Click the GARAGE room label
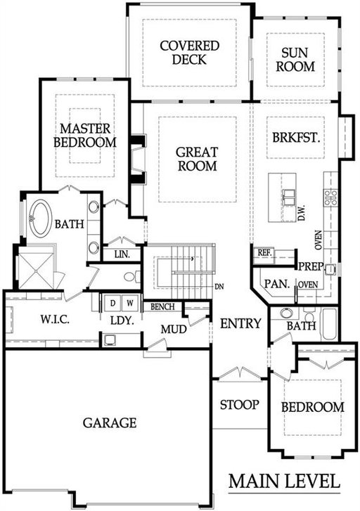click(110, 422)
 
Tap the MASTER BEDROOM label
click(85, 135)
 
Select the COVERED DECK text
click(189, 53)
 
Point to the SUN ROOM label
click(295, 60)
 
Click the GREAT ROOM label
click(198, 159)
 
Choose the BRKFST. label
click(296, 138)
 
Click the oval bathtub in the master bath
click(41, 219)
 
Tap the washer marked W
click(130, 304)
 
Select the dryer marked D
click(112, 304)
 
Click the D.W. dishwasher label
click(302, 213)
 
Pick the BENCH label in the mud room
click(162, 306)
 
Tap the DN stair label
click(219, 287)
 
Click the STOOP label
click(239, 405)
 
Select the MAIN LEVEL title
click(284, 481)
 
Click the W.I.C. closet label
click(55, 319)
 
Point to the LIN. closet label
click(122, 254)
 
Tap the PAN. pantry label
click(277, 284)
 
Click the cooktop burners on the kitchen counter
click(330, 198)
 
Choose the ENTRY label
click(240, 323)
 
